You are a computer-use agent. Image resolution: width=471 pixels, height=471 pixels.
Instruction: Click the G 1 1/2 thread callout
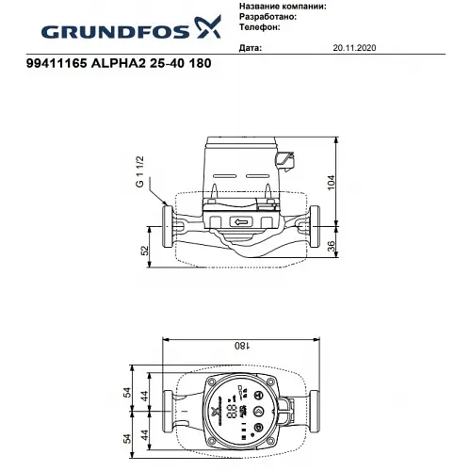click(140, 174)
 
